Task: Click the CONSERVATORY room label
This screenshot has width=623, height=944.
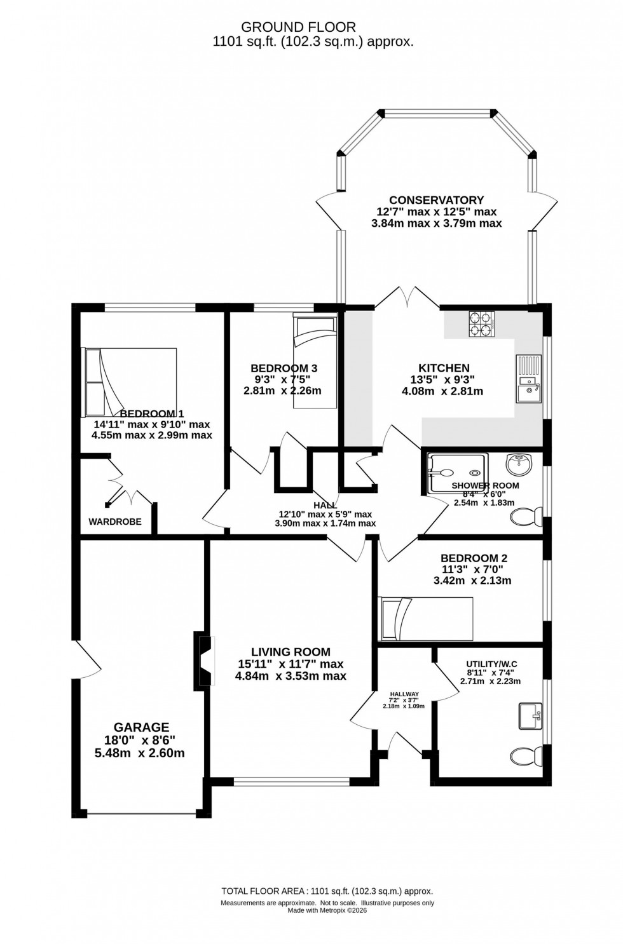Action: pos(436,200)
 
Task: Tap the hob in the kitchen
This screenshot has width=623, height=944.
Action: pos(482,324)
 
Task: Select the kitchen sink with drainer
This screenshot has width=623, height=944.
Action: pos(528,379)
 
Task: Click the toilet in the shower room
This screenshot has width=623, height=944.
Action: pos(527,517)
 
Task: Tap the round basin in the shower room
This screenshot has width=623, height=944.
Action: pos(520,463)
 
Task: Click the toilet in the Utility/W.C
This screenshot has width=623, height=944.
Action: pos(527,757)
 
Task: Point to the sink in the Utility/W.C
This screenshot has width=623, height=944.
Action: pos(530,716)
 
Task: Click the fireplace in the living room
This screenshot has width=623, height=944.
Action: pos(205,661)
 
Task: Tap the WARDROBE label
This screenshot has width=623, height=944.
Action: pos(115,522)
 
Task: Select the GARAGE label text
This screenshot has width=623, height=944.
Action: pos(141,727)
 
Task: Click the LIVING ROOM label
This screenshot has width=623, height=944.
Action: pos(291,652)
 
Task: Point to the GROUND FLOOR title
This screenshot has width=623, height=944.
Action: pos(298,27)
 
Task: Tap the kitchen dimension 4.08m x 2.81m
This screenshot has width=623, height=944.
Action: pos(442,391)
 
